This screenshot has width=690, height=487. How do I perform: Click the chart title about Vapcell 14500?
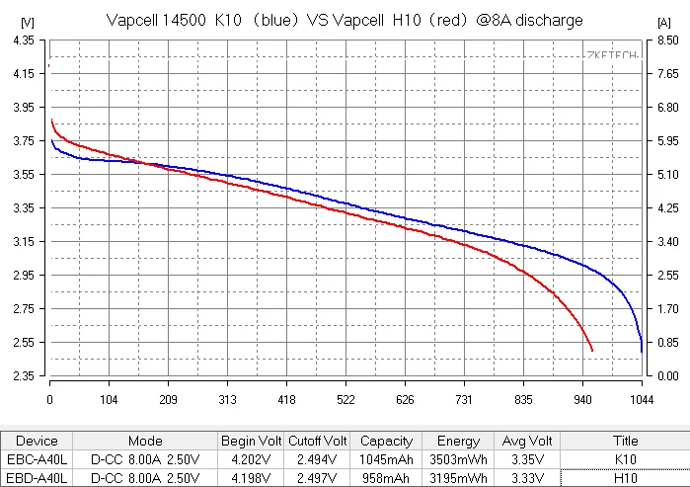click(345, 20)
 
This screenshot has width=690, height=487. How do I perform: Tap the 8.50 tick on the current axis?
click(668, 40)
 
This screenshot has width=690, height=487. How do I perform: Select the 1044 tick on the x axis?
click(643, 399)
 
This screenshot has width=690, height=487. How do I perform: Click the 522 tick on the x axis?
click(345, 399)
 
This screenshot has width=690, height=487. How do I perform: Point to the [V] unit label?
click(27, 21)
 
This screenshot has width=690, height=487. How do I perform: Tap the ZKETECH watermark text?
click(613, 57)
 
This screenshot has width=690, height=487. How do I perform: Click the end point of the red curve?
click(592, 351)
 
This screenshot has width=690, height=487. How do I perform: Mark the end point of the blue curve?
click(642, 352)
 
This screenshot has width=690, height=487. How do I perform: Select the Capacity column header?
click(387, 442)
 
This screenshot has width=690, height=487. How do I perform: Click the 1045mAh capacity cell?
click(387, 460)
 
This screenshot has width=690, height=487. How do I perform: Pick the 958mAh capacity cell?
click(387, 478)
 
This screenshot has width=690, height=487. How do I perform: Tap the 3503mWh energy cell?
click(458, 460)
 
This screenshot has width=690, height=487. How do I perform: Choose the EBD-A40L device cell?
click(38, 478)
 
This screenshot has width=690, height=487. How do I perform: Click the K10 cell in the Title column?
click(625, 460)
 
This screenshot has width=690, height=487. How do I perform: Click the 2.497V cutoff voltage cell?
click(317, 478)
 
